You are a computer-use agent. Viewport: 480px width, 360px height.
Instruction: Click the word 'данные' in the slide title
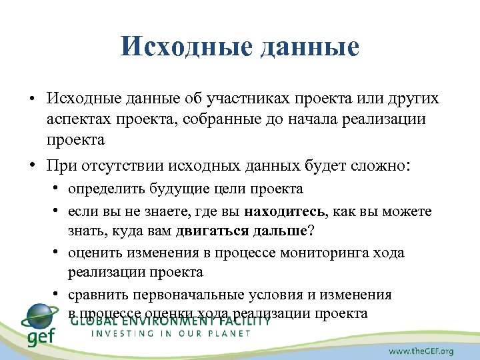[x=307, y=47]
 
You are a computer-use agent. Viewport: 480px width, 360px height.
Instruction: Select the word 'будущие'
[x=166, y=189]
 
